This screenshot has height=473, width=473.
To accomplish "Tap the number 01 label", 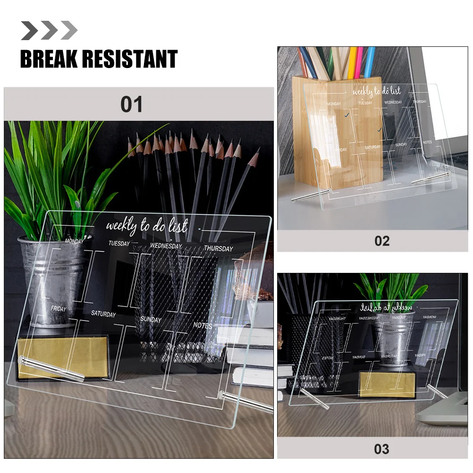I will coord(131,104).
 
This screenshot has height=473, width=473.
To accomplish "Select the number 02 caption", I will coord(381,241).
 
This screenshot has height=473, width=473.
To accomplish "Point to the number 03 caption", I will coord(381,448).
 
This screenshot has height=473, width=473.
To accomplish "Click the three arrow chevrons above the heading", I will coord(49,31).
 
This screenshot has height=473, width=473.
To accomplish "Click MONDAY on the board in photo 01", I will coord(74,241).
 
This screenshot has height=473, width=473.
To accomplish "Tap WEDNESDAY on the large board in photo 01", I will coord(166,246).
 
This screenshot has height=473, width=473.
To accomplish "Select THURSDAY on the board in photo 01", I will coord(218,249).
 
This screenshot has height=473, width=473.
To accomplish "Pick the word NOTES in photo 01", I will coord(203,325).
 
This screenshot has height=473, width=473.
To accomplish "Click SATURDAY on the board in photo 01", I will coord(103,314).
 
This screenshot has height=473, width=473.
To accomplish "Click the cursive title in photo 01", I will coord(146,227).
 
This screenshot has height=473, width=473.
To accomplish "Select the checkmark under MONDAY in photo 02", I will coord(347,115).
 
